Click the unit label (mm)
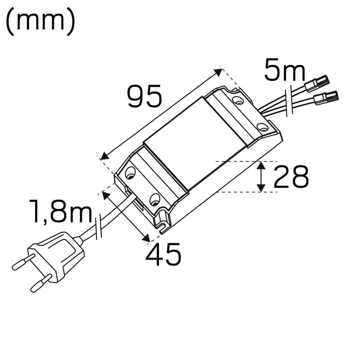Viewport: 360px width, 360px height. [x=40, y=23]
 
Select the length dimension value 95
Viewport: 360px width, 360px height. [x=144, y=96]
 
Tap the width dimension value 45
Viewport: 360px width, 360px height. [x=163, y=254]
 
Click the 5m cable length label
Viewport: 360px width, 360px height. [x=284, y=71]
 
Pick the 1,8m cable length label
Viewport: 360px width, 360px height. [x=61, y=212]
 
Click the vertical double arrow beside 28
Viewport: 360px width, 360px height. [x=261, y=177]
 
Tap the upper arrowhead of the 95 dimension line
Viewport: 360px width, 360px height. [x=218, y=72]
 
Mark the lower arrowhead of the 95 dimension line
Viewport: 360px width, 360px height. [x=104, y=156]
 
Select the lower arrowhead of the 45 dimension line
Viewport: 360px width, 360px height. [x=145, y=238]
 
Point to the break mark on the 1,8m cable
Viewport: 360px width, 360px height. [x=99, y=229]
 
